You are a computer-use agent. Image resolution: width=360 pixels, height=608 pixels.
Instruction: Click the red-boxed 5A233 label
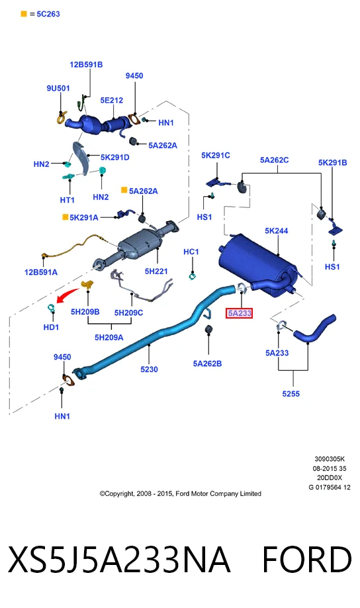point(240,313)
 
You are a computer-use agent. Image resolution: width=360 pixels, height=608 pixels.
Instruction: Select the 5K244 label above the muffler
point(277,230)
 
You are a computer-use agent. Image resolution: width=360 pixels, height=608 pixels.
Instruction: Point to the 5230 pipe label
point(149,369)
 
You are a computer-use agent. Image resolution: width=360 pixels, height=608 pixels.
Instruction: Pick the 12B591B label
point(86,64)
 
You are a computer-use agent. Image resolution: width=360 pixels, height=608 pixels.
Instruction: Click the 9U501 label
point(58,88)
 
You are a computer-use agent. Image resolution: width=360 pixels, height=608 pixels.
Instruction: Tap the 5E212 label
point(112,100)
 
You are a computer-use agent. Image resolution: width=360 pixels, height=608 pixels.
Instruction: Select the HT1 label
point(67,200)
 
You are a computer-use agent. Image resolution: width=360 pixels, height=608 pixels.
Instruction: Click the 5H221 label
point(156,271)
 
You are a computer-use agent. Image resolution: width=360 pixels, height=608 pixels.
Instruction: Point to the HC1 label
point(191,252)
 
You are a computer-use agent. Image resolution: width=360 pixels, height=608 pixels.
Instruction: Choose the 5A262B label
point(207,364)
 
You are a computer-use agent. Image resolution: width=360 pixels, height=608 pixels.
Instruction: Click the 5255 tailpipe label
point(291,393)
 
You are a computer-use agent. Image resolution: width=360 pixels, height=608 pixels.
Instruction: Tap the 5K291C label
point(216,155)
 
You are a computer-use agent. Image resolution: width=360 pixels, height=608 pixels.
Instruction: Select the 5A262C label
point(275,160)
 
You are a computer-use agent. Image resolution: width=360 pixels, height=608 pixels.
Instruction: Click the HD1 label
point(51,327)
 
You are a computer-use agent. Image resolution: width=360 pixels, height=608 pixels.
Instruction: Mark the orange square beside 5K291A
point(65,217)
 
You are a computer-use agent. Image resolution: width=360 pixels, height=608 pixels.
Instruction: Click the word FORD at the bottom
point(307,559)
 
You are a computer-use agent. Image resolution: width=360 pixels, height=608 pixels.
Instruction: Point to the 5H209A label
point(109,337)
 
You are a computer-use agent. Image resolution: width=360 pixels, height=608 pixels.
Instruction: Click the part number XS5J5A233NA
point(119,559)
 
